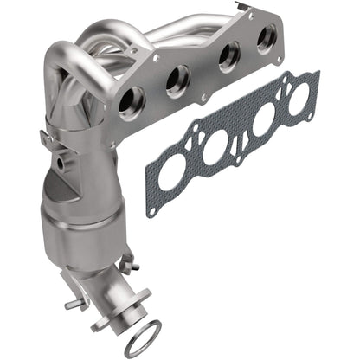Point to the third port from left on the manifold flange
click(228, 59)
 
